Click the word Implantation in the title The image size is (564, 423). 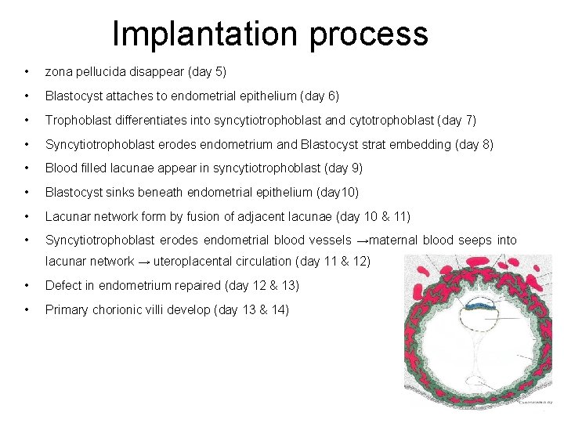(205, 34)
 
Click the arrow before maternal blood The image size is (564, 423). (361, 240)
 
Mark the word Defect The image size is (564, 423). (63, 286)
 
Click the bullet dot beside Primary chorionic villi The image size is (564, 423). (27, 309)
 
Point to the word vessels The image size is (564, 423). (329, 240)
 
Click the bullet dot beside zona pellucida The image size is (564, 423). (27, 72)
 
